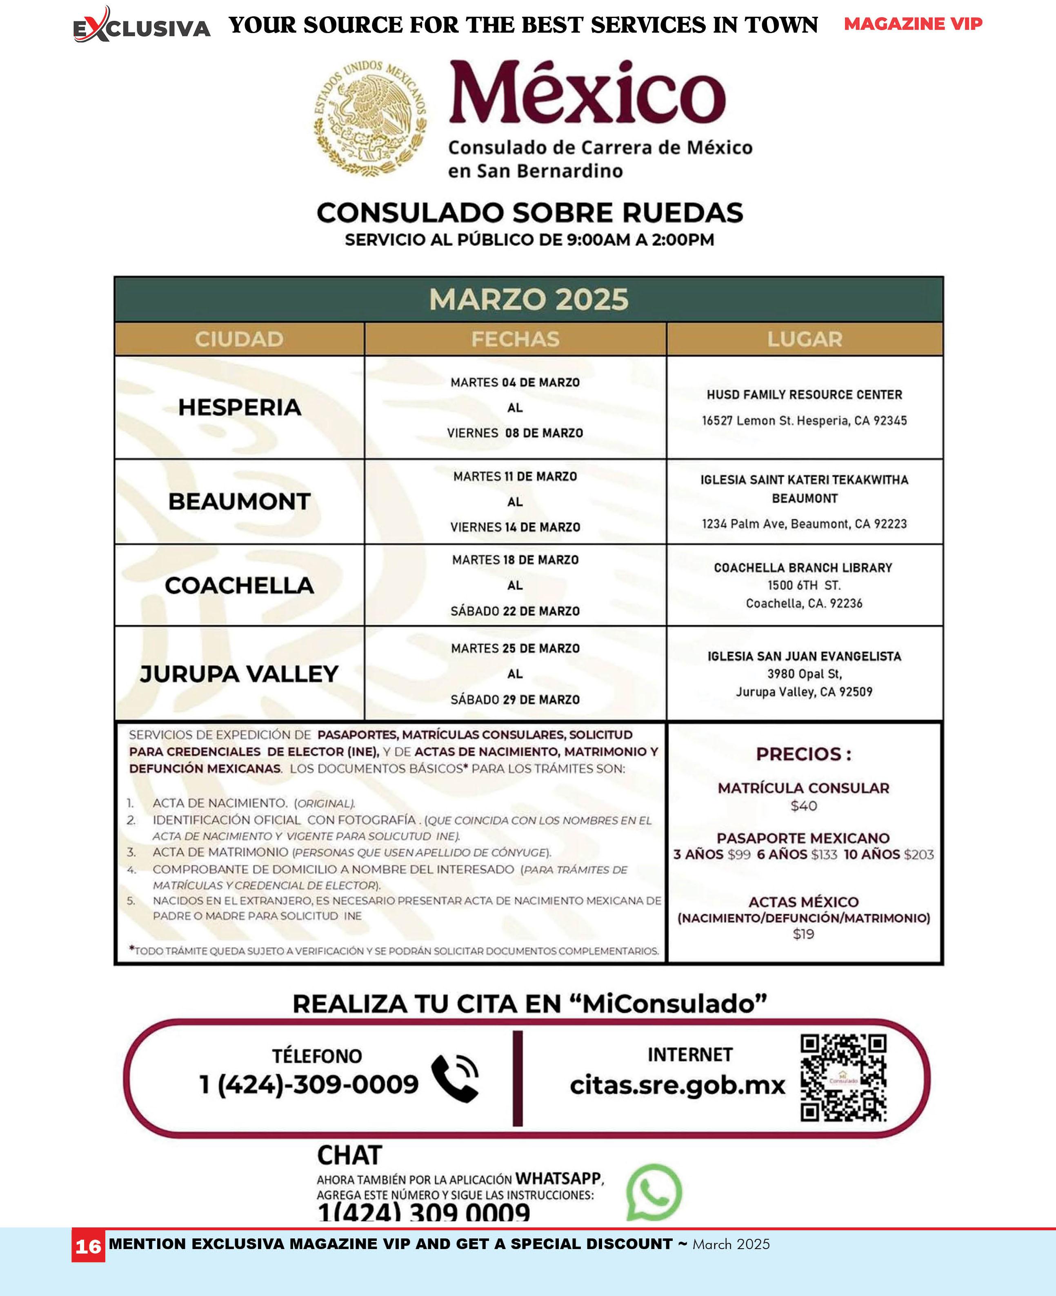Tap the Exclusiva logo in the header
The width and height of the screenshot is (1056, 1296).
pyautogui.click(x=142, y=26)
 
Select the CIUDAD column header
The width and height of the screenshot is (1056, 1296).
pyautogui.click(x=239, y=339)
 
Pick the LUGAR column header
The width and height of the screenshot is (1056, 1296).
pyautogui.click(x=804, y=339)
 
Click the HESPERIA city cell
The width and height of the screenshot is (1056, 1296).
pyautogui.click(x=240, y=407)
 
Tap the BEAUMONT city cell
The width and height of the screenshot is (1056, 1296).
pyautogui.click(x=240, y=502)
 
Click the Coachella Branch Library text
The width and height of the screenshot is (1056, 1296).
pyautogui.click(x=803, y=567)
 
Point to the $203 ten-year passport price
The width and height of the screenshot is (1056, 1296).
pyautogui.click(x=918, y=854)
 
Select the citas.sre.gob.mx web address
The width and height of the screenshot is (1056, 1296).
pyautogui.click(x=678, y=1085)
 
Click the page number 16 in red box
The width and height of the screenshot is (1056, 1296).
pyautogui.click(x=88, y=1247)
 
